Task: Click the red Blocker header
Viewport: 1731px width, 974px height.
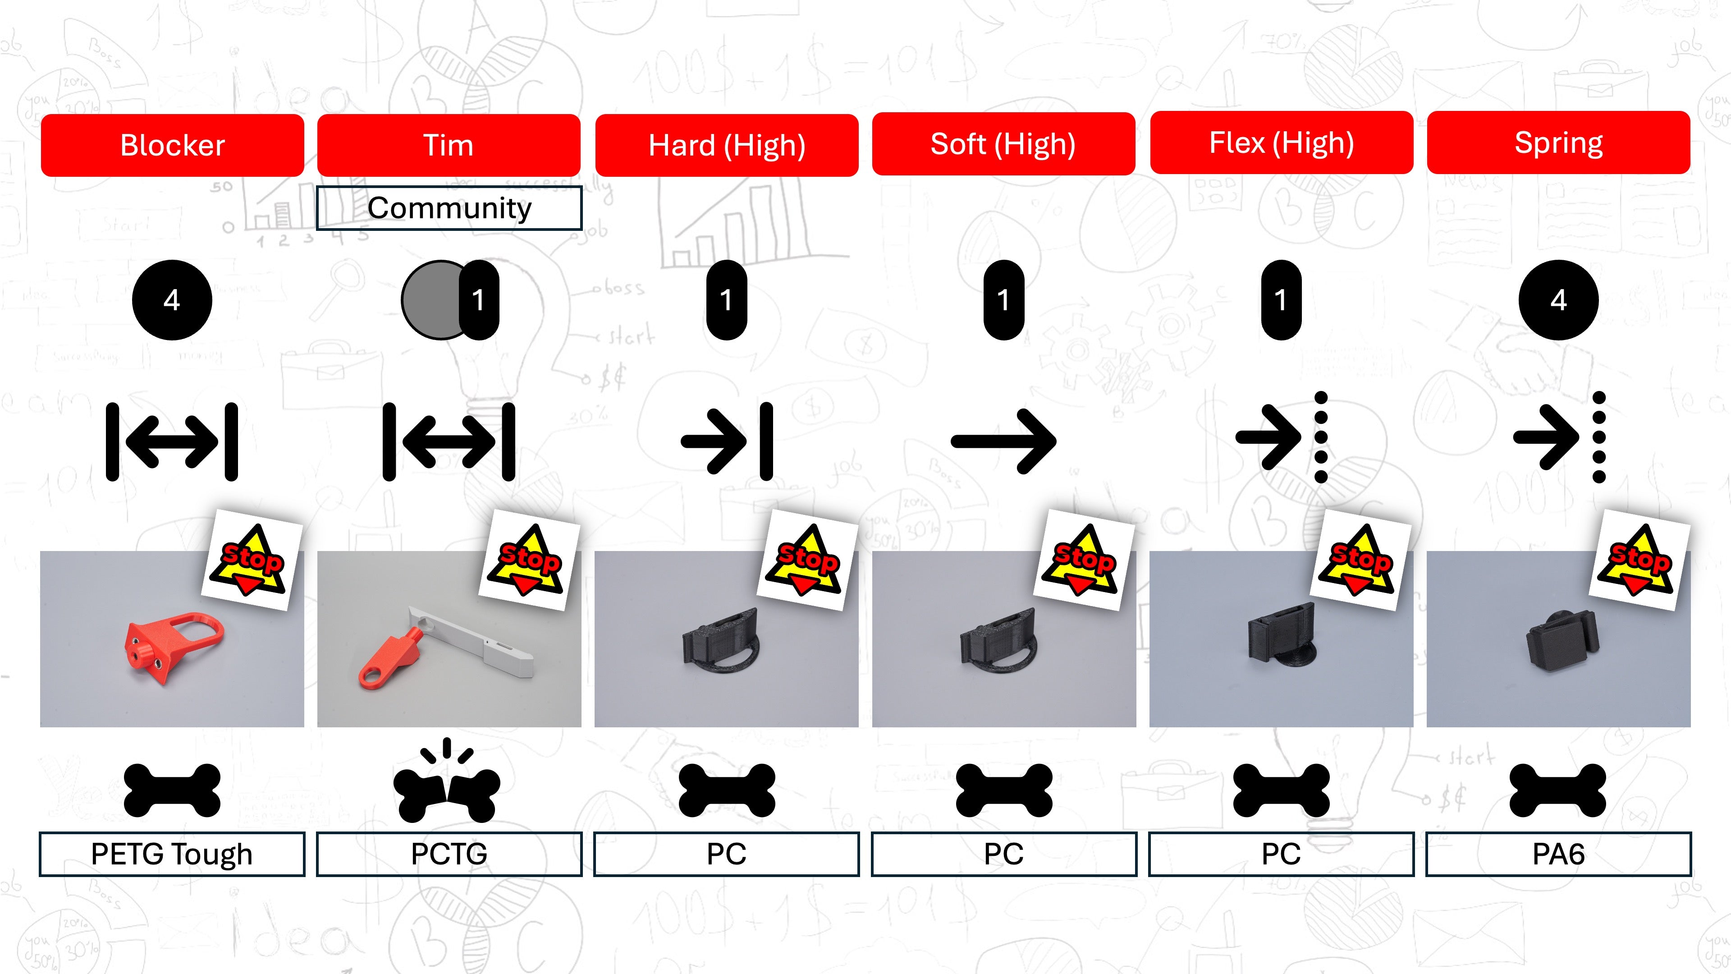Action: [172, 145]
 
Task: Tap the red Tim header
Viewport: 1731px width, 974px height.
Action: [448, 145]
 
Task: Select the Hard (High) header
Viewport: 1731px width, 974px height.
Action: [726, 145]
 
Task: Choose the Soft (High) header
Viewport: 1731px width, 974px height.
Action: [1003, 144]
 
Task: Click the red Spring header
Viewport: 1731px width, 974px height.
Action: [1558, 142]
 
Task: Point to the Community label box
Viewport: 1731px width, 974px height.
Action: [449, 208]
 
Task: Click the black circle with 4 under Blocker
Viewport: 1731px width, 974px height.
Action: [172, 300]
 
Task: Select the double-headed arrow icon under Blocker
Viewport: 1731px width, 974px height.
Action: [172, 441]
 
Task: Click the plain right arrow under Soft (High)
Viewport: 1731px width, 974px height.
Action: [1003, 441]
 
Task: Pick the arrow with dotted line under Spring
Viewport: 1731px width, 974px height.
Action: [1559, 437]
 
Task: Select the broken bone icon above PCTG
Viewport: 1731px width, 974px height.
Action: [447, 783]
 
